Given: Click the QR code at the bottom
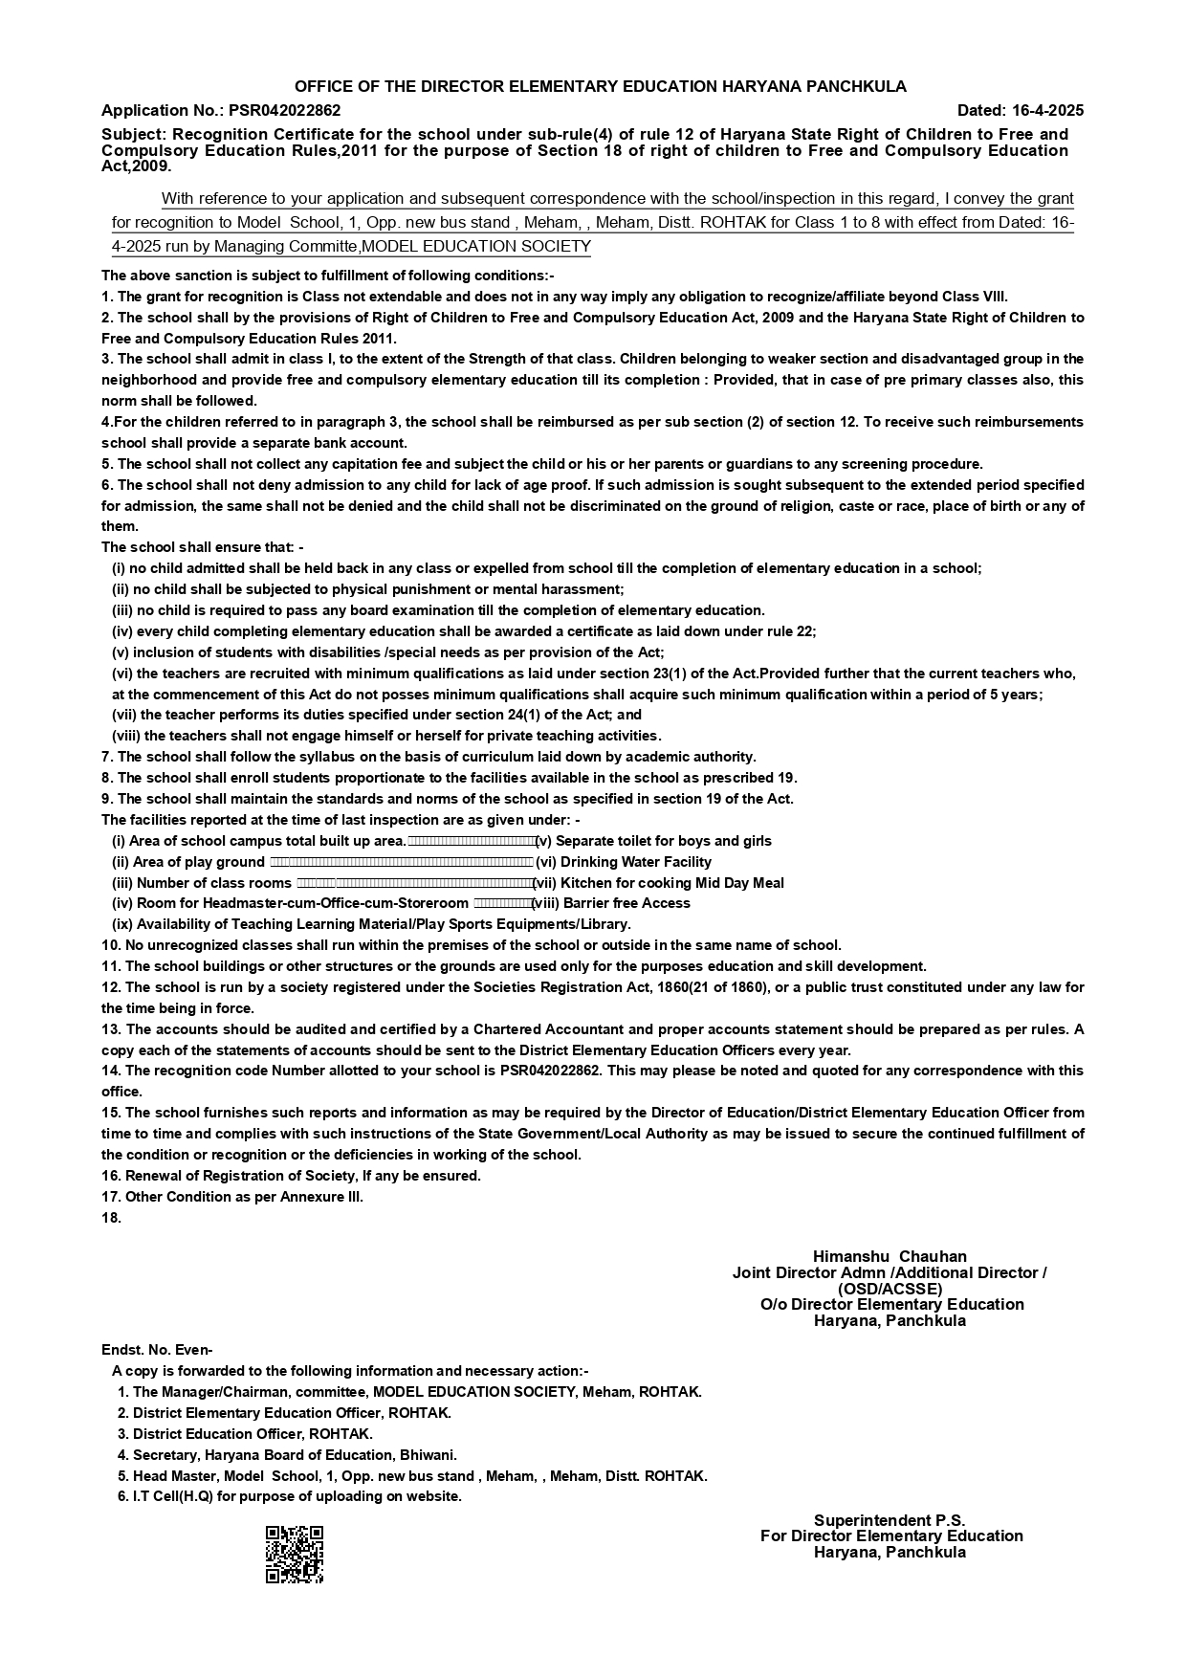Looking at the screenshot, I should pos(294,1554).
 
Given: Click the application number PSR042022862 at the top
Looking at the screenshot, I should pos(284,111).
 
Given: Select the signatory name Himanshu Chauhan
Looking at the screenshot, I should pos(889,1256).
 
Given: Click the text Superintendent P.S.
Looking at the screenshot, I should pos(889,1520).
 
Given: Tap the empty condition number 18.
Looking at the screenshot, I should pos(111,1218).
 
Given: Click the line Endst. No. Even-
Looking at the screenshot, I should pos(157,1350).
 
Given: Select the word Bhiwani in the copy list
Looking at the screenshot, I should pos(428,1455).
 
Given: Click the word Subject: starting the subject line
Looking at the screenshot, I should pos(134,135).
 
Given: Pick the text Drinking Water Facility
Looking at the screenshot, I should pos(635,862).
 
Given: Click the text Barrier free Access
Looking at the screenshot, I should pos(626,903).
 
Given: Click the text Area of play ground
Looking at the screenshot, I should pos(199,862).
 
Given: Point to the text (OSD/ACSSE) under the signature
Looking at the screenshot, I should pos(889,1289).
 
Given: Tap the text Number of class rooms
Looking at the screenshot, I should pos(213,883).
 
